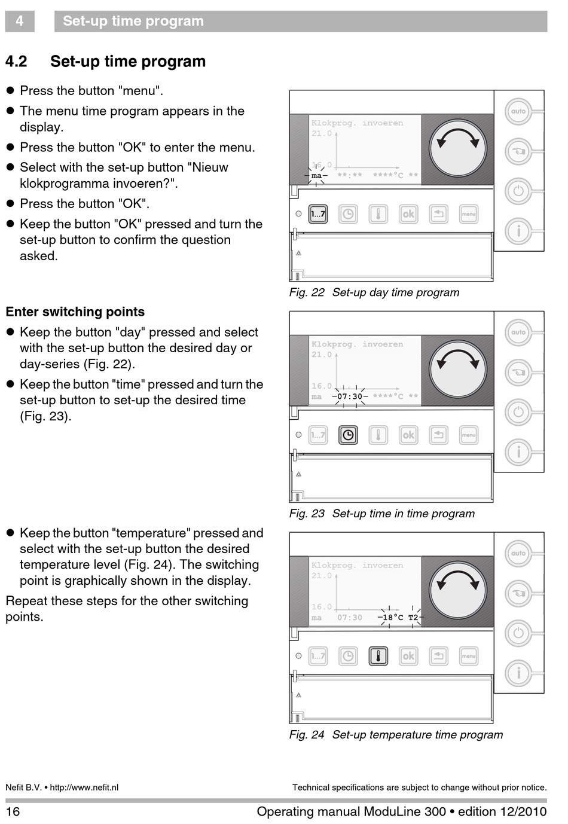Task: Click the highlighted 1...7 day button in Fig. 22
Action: click(318, 214)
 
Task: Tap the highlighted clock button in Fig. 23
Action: click(348, 435)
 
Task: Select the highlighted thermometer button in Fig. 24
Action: click(378, 656)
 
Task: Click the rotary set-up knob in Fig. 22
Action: click(458, 148)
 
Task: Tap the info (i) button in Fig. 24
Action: click(518, 673)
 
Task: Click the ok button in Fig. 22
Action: click(408, 214)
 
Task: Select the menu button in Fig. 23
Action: click(468, 435)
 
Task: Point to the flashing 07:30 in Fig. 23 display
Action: click(350, 396)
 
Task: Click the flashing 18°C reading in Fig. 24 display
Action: click(393, 618)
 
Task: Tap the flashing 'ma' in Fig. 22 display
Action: click(316, 176)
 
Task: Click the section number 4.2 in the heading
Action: click(17, 62)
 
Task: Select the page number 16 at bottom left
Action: click(13, 811)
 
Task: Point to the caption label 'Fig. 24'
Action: click(307, 735)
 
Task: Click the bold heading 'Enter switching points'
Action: click(75, 312)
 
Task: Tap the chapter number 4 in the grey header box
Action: click(20, 22)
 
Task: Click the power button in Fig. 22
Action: click(518, 191)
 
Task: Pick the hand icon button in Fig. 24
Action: click(518, 594)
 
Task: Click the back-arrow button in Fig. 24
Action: click(438, 656)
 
